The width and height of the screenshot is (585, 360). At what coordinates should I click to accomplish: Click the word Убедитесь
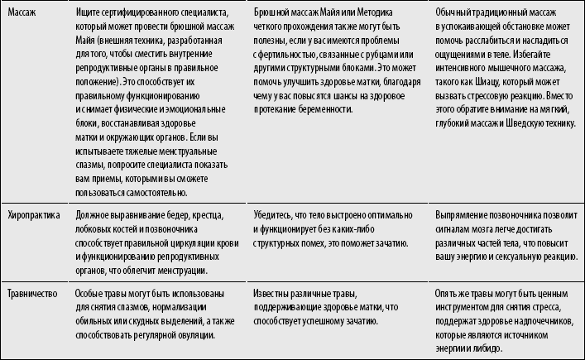(276, 215)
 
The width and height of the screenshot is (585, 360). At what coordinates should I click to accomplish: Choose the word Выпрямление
(463, 215)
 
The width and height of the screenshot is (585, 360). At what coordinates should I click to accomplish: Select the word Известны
(275, 294)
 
